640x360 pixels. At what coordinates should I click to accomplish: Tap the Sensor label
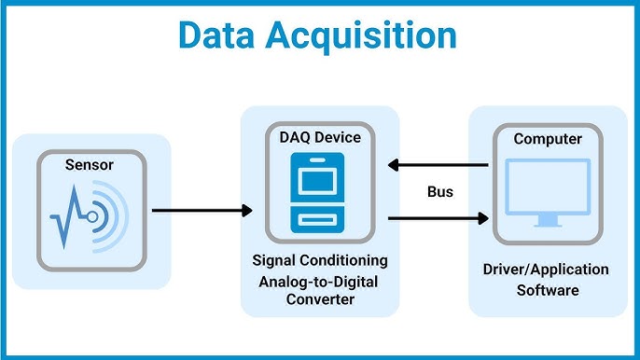point(90,165)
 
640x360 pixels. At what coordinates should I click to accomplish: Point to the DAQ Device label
point(320,137)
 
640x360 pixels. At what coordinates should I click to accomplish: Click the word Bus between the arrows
point(440,192)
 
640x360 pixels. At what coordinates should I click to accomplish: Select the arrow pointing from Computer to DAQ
point(438,166)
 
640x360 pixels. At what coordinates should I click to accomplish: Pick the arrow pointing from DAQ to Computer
point(438,218)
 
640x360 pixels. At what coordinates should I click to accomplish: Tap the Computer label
point(548,139)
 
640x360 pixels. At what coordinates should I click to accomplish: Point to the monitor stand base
point(548,224)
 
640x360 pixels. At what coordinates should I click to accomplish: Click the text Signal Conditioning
point(320,259)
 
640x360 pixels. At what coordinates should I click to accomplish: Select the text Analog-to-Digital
point(320,281)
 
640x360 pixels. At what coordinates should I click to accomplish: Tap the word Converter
point(320,301)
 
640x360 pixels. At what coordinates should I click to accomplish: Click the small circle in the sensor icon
point(92,216)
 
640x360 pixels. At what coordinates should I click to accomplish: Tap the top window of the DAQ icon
point(320,174)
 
